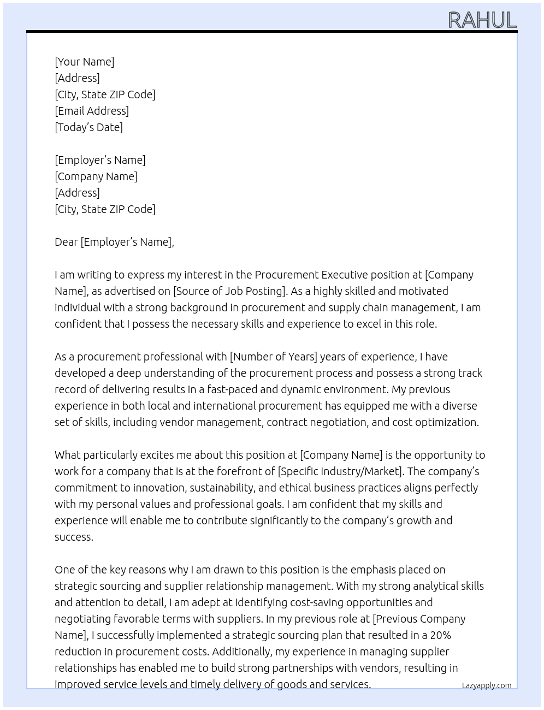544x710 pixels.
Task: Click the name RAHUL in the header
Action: (482, 20)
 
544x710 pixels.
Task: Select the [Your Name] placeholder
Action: (84, 62)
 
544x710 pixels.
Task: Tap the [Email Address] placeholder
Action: (92, 111)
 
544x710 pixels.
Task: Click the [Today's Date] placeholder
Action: (88, 127)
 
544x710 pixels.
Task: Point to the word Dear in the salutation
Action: (66, 242)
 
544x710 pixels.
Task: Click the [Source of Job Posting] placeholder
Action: (230, 291)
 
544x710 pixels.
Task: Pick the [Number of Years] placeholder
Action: (273, 357)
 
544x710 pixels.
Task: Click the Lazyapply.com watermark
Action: (486, 685)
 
